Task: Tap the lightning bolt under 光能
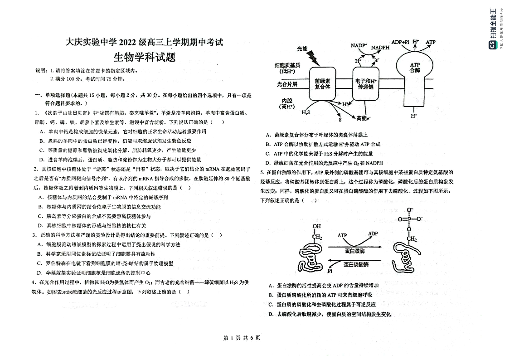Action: [x=312, y=57]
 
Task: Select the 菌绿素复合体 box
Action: [x=322, y=83]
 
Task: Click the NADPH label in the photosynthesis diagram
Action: [x=380, y=47]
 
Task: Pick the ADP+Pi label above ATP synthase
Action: [x=400, y=42]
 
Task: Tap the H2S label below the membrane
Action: [x=305, y=112]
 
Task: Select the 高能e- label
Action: [x=364, y=118]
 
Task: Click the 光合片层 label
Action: [x=287, y=84]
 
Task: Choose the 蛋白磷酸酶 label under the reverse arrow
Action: [x=356, y=264]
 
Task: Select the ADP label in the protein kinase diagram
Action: [x=373, y=234]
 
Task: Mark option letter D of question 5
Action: [x=270, y=314]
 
